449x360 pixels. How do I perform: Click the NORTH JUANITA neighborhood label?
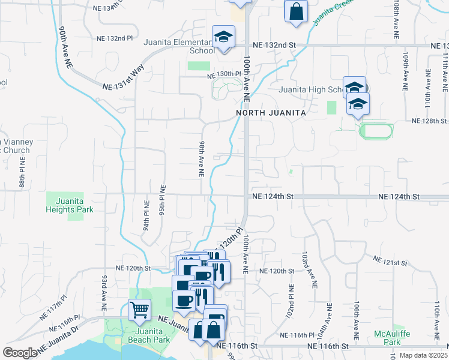(x=271, y=112)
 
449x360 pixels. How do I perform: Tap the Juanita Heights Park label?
(x=70, y=205)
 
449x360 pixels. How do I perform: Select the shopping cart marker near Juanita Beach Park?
(x=139, y=311)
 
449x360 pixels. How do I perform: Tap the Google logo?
(x=20, y=353)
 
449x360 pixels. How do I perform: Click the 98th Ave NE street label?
(x=202, y=160)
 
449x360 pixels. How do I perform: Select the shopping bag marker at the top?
(x=297, y=11)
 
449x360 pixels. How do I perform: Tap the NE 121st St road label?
(x=391, y=261)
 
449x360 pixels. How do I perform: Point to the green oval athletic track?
(x=376, y=130)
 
